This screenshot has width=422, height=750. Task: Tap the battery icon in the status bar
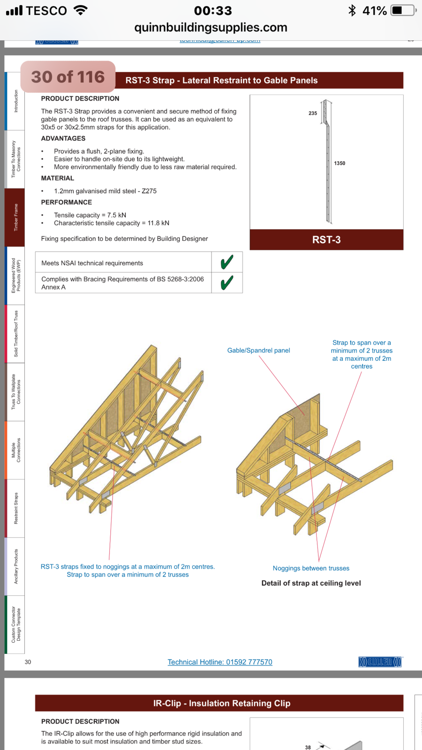pos(403,10)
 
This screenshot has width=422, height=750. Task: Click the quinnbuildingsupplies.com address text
pos(211,28)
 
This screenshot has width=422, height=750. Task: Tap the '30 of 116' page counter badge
pos(68,77)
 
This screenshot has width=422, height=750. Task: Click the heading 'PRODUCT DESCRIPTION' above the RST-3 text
pos(80,98)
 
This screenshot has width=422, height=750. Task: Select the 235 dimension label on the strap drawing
pos(313,113)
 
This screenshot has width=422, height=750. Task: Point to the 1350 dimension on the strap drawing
pos(339,163)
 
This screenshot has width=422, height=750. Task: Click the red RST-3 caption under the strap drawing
pos(326,240)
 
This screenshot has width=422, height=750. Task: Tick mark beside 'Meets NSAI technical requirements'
pos(227,262)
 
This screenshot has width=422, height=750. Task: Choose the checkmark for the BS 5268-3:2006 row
pos(227,283)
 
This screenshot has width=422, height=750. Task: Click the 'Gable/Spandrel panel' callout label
pos(258,350)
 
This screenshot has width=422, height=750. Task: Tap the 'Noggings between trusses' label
pos(311,568)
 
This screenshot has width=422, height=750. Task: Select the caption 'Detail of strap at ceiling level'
pos(311,583)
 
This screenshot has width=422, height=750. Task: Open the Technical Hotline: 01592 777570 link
pos(220,662)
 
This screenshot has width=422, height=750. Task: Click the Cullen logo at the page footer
pos(380,662)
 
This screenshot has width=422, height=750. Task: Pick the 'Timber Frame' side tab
pos(15,217)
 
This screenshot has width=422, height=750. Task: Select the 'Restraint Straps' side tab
pos(15,508)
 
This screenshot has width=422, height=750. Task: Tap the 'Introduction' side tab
pos(15,101)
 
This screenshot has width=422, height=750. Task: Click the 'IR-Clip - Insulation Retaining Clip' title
pos(221,703)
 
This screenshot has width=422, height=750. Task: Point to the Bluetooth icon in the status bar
pos(352,10)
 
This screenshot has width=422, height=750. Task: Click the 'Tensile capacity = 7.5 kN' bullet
pos(90,215)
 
